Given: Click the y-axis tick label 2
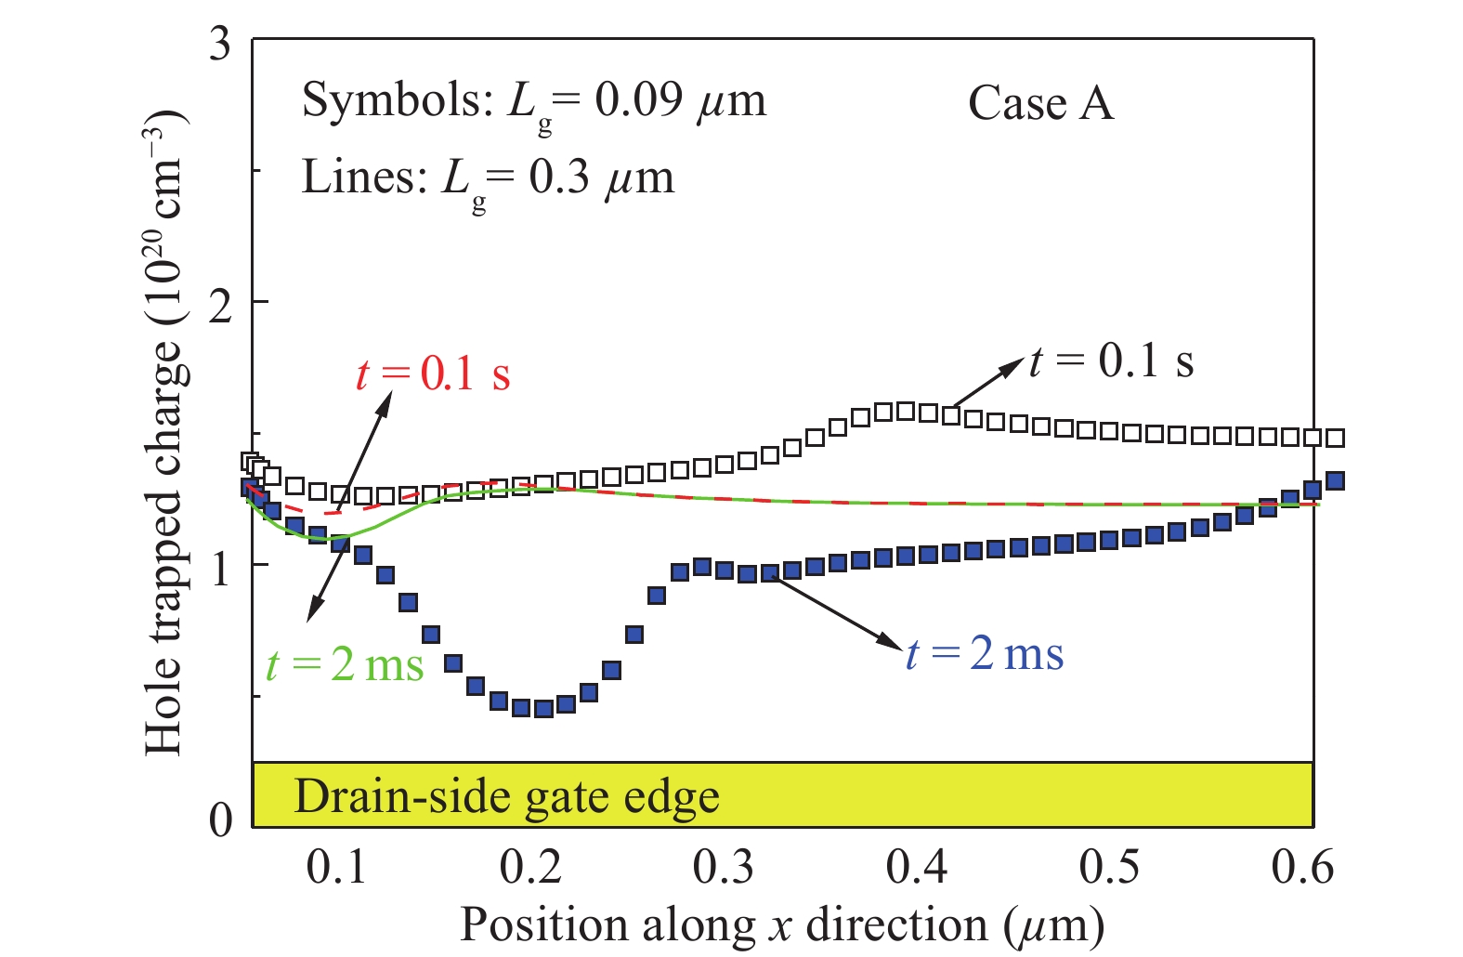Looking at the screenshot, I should pyautogui.click(x=219, y=305).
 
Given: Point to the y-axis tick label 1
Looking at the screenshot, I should pyautogui.click(x=219, y=568).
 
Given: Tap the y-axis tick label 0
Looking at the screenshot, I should pyautogui.click(x=219, y=819).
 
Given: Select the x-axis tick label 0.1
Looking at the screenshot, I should pyautogui.click(x=336, y=867).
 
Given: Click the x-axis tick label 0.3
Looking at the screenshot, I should pyautogui.click(x=723, y=867).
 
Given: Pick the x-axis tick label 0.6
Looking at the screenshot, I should pyautogui.click(x=1302, y=867).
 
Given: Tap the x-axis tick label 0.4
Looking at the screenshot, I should pyautogui.click(x=916, y=867).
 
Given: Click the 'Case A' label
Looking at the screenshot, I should pyautogui.click(x=1040, y=102).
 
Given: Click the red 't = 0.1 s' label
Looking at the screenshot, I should pyautogui.click(x=433, y=374).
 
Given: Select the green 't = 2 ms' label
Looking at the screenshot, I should pyautogui.click(x=345, y=664).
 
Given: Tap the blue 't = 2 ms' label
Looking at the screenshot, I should pyautogui.click(x=985, y=653).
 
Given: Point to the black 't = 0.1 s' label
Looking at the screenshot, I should pyautogui.click(x=1111, y=361).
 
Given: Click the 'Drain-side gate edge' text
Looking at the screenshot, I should pyautogui.click(x=506, y=797).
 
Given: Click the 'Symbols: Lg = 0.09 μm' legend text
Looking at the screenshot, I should pyautogui.click(x=534, y=102).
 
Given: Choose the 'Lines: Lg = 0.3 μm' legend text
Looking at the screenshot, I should pyautogui.click(x=488, y=178).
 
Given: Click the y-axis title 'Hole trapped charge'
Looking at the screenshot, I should pyautogui.click(x=163, y=432).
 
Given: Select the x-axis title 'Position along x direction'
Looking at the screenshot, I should pyautogui.click(x=782, y=925).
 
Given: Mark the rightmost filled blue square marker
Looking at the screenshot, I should pyautogui.click(x=1335, y=480).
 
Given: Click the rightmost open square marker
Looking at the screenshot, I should pyautogui.click(x=1335, y=438).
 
